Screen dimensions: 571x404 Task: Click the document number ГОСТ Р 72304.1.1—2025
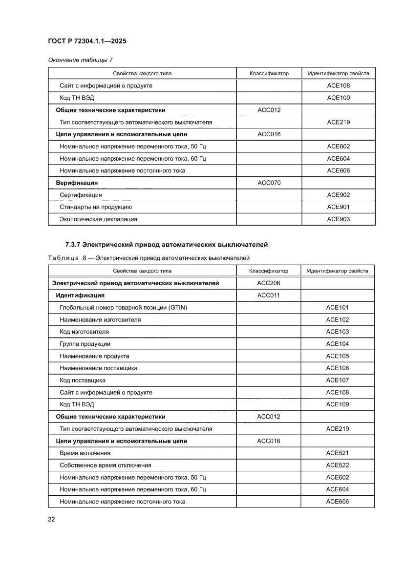[87, 42]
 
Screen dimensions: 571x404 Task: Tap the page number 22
[51, 519]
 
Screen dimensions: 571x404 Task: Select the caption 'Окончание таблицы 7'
[80, 60]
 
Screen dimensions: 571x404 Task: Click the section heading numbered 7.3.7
[167, 244]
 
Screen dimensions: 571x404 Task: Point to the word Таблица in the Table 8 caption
[64, 257]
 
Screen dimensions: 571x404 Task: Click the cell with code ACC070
[269, 183]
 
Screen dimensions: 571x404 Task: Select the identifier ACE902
[338, 195]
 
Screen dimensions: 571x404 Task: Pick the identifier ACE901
[338, 207]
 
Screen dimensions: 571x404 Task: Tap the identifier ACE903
[338, 219]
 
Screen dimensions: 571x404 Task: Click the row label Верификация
[77, 183]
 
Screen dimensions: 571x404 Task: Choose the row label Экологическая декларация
[98, 219]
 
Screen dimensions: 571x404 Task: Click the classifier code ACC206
[269, 283]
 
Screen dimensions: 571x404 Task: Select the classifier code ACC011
[269, 295]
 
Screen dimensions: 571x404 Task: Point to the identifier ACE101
[338, 308]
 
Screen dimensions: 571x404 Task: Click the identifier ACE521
[338, 453]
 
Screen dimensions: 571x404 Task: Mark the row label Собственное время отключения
[105, 465]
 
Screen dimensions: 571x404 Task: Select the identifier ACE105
[338, 356]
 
